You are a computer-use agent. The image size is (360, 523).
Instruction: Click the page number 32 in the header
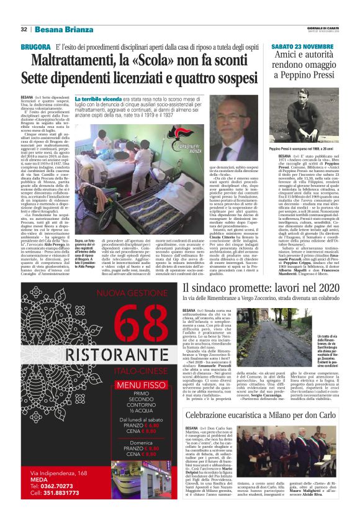(x=24, y=29)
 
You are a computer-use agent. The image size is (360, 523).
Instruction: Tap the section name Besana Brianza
(x=58, y=29)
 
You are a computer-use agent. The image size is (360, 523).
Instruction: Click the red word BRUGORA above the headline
(x=35, y=47)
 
